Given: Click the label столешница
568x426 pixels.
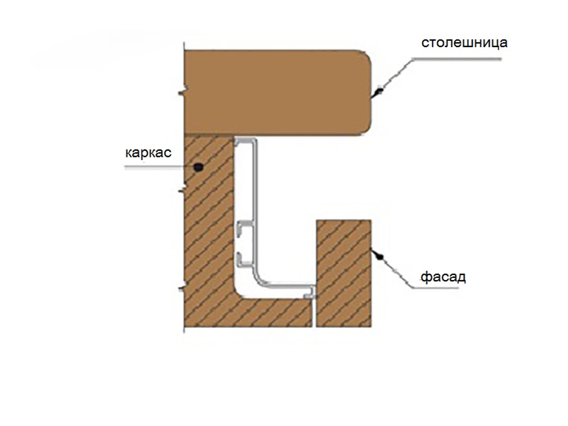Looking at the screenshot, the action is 464,43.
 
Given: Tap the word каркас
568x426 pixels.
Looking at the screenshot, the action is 148,152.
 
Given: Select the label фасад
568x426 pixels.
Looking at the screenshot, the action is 443,277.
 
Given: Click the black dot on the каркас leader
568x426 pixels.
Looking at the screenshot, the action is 198,167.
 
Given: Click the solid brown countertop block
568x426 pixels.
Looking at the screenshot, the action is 278,93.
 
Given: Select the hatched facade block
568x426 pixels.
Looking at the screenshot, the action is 344,273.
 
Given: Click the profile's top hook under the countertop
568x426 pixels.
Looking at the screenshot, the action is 245,141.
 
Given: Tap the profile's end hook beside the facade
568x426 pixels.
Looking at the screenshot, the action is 310,293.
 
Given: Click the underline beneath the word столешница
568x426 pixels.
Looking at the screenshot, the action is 457,59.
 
